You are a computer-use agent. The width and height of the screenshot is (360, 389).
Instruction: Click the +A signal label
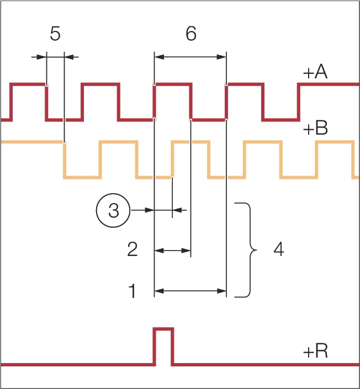tap(315, 73)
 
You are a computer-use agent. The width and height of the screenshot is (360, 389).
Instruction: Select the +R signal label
tap(315, 351)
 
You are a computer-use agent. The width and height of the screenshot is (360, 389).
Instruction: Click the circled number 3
tap(113, 210)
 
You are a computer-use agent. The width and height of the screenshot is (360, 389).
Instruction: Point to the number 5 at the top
tap(55, 34)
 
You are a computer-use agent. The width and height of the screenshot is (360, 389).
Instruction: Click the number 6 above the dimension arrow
tap(190, 34)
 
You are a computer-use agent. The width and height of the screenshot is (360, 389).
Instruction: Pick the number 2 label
tap(133, 251)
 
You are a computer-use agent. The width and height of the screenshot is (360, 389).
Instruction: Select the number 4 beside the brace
tap(279, 251)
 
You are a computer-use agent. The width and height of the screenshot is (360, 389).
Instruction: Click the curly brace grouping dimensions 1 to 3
tap(246, 251)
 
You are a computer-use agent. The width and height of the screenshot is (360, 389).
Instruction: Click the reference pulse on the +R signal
tap(163, 345)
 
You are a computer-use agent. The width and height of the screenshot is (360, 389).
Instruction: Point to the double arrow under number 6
tap(190, 56)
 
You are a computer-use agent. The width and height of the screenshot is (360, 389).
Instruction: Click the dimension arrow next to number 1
tap(190, 290)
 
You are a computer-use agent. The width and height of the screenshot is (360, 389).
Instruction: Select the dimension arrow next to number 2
tap(172, 251)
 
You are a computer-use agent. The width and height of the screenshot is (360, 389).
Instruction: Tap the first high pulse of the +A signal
tap(28, 85)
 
